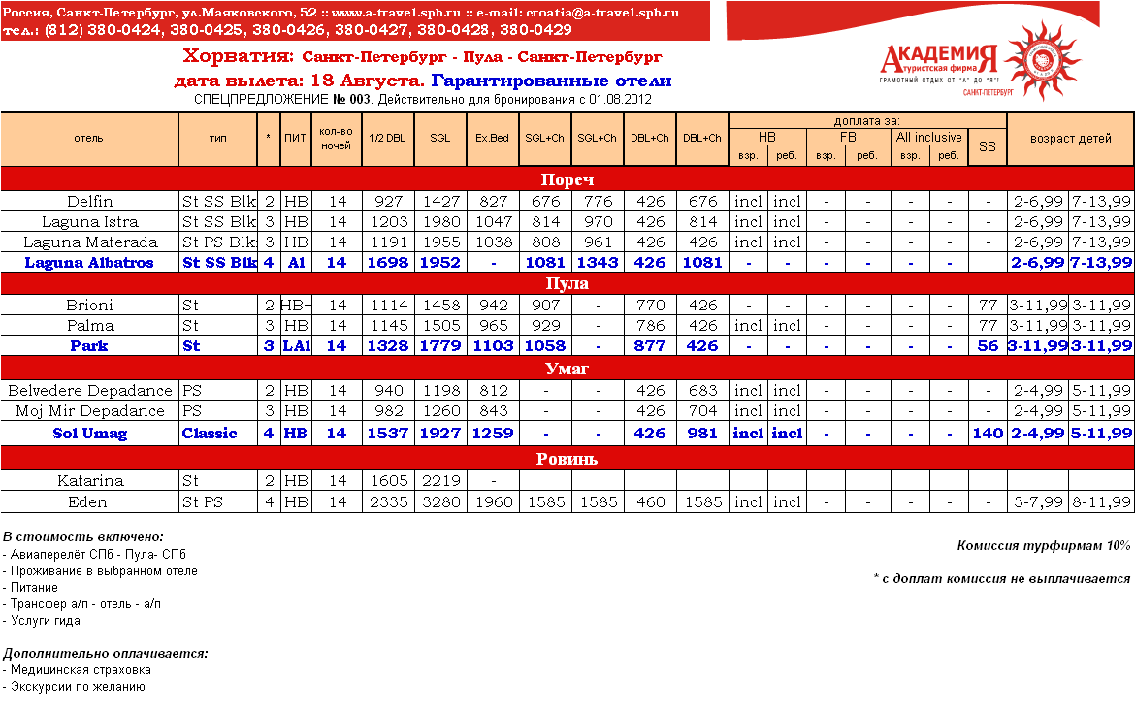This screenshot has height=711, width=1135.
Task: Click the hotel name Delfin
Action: tap(89, 202)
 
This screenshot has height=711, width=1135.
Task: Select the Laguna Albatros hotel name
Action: tap(89, 263)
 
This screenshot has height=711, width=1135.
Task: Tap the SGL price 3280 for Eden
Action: tap(440, 502)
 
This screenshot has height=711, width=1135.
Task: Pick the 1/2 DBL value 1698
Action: tap(387, 263)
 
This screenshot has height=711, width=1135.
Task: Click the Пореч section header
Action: tap(567, 179)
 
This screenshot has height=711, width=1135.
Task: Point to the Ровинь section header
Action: tap(567, 459)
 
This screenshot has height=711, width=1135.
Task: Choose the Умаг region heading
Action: tap(567, 369)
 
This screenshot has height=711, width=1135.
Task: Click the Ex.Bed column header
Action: tap(492, 138)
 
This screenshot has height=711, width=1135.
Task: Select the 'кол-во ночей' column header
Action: tap(336, 138)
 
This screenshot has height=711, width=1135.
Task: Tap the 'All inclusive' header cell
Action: tap(928, 137)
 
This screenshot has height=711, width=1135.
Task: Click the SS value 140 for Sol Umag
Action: tap(987, 434)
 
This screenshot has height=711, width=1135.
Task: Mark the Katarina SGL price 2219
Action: tap(440, 480)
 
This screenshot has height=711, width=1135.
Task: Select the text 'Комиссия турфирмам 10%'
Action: tap(1044, 546)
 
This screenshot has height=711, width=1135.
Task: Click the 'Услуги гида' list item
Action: tap(46, 621)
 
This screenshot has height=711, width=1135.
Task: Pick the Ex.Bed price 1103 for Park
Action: tap(492, 346)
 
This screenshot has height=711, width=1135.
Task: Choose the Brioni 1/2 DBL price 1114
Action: tap(387, 305)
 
